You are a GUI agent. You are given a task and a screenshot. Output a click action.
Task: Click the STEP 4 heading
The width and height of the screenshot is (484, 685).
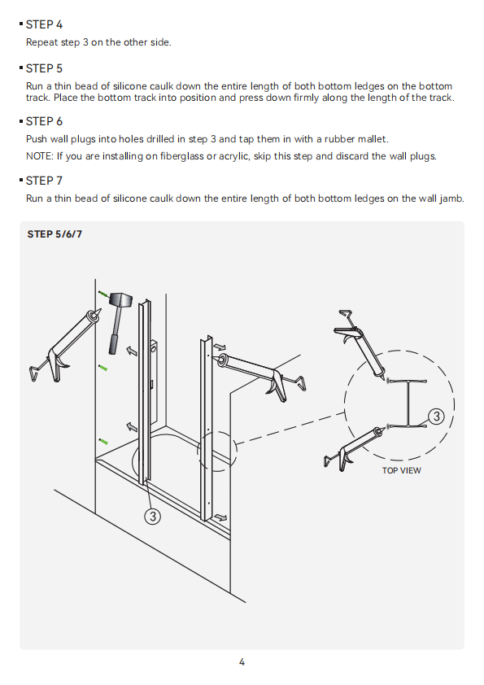click(44, 24)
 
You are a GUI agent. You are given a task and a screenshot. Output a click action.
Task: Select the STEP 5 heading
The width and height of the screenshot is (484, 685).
click(44, 68)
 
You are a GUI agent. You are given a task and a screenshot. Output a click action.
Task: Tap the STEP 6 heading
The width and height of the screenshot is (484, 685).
click(44, 121)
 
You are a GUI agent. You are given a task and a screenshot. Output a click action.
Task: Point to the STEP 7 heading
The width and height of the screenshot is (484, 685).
click(44, 181)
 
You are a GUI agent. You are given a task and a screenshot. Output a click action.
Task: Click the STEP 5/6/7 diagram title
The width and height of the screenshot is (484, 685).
click(55, 234)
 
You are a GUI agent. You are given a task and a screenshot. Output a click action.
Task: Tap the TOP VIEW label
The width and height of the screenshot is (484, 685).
click(402, 470)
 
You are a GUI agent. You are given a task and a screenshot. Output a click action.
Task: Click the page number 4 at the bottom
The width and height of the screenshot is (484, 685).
click(242, 662)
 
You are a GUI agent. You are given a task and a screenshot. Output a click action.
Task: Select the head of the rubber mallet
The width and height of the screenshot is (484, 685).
click(120, 300)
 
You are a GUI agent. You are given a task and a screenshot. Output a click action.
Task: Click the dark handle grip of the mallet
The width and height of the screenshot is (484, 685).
click(114, 344)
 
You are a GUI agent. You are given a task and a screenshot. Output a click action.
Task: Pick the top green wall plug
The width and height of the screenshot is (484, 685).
click(104, 295)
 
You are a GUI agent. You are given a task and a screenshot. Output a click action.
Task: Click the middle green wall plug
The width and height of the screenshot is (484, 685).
click(102, 368)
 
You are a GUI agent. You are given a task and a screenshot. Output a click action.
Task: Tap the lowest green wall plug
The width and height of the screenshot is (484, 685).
click(103, 441)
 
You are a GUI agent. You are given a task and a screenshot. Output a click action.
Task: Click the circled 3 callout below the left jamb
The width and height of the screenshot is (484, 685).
click(152, 517)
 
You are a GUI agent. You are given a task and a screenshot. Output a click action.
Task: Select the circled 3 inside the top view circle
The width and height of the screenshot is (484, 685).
click(436, 417)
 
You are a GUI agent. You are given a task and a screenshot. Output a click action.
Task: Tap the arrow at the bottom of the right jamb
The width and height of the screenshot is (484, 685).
click(221, 517)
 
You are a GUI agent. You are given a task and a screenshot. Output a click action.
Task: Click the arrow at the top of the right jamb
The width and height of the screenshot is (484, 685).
click(220, 347)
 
